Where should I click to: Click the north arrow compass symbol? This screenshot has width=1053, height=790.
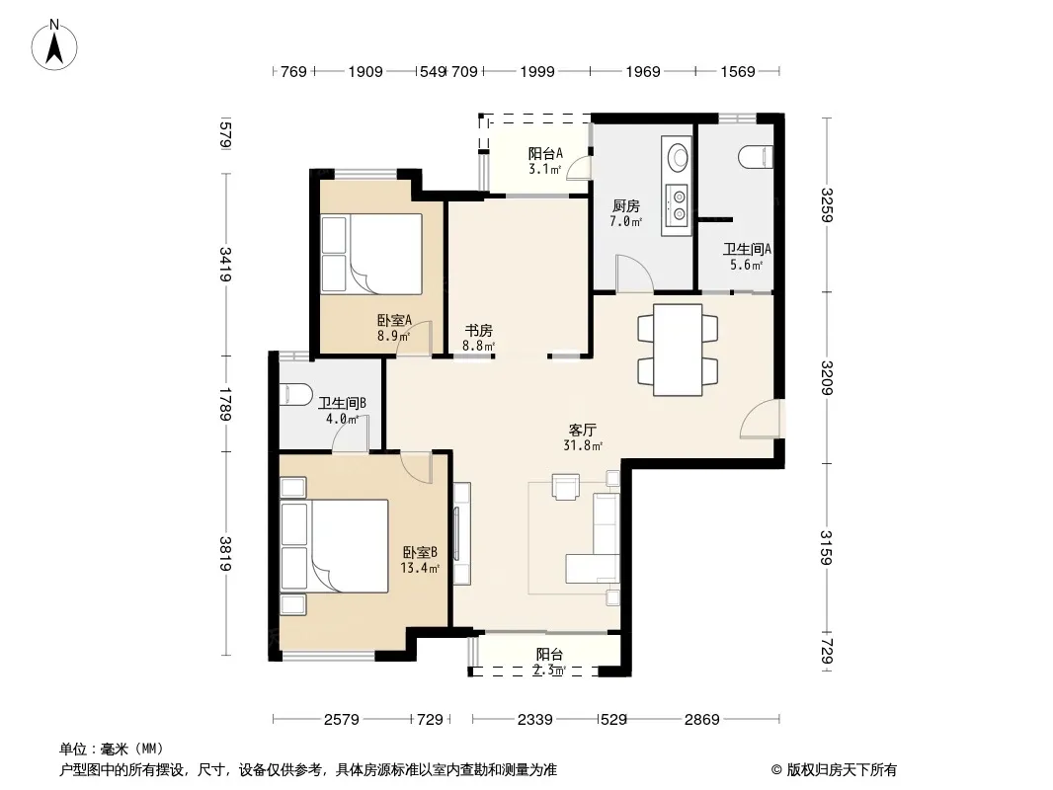[54, 44]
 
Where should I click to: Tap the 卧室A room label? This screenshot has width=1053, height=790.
[394, 321]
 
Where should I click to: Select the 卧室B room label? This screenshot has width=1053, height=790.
[421, 552]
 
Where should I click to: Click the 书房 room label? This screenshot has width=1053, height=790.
[479, 330]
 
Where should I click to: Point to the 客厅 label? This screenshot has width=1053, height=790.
[582, 430]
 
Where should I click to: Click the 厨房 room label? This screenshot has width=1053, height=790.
[626, 206]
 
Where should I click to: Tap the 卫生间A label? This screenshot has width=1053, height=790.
[747, 250]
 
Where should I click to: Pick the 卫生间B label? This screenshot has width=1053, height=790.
[342, 403]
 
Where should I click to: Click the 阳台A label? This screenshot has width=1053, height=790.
[545, 154]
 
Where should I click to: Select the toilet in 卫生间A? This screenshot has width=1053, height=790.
[756, 158]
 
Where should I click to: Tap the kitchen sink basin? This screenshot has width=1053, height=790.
[677, 155]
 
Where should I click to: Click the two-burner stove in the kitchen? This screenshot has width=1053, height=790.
[677, 204]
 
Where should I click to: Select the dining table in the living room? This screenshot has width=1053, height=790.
[679, 350]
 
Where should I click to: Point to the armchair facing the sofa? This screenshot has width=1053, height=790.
[565, 487]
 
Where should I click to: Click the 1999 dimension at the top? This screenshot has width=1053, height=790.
[537, 72]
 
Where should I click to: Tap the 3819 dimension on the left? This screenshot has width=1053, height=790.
[225, 554]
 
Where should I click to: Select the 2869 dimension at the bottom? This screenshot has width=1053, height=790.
[701, 720]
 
